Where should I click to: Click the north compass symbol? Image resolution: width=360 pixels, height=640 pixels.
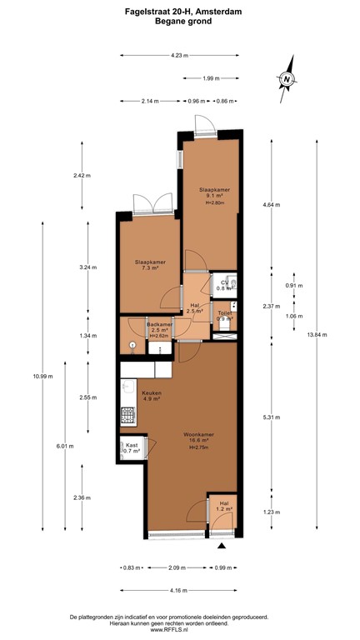click(x=287, y=79)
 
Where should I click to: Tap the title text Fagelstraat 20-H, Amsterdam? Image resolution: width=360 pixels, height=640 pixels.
click(x=179, y=12)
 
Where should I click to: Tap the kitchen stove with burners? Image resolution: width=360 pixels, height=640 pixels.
click(x=127, y=413)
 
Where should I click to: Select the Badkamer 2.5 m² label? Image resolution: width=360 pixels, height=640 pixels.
click(x=160, y=327)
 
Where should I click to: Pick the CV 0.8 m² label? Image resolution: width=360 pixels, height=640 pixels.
click(x=223, y=286)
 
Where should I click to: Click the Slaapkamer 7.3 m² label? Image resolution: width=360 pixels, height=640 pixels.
click(x=150, y=266)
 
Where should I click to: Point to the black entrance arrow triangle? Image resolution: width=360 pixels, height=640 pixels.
click(x=222, y=547)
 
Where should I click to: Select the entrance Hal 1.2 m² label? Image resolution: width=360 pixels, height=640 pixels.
click(x=223, y=506)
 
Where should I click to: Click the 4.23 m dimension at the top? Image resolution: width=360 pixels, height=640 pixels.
click(x=178, y=55)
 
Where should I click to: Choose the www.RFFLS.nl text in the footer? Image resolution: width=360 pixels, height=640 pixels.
click(x=179, y=630)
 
